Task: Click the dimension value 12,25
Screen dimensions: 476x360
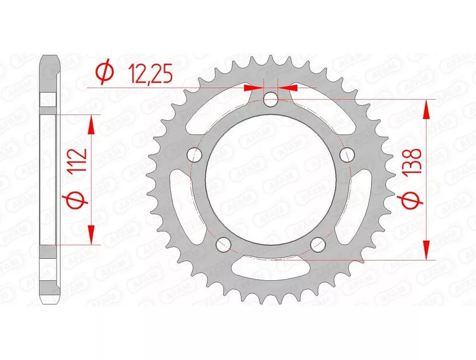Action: click(150, 74)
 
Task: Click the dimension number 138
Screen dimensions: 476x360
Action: click(412, 161)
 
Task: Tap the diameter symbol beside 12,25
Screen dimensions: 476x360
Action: click(105, 74)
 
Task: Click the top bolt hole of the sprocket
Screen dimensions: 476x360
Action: click(271, 99)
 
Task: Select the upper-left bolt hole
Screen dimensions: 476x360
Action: click(195, 155)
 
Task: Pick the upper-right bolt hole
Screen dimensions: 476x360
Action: click(347, 155)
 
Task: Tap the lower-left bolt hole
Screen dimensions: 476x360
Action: click(224, 244)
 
